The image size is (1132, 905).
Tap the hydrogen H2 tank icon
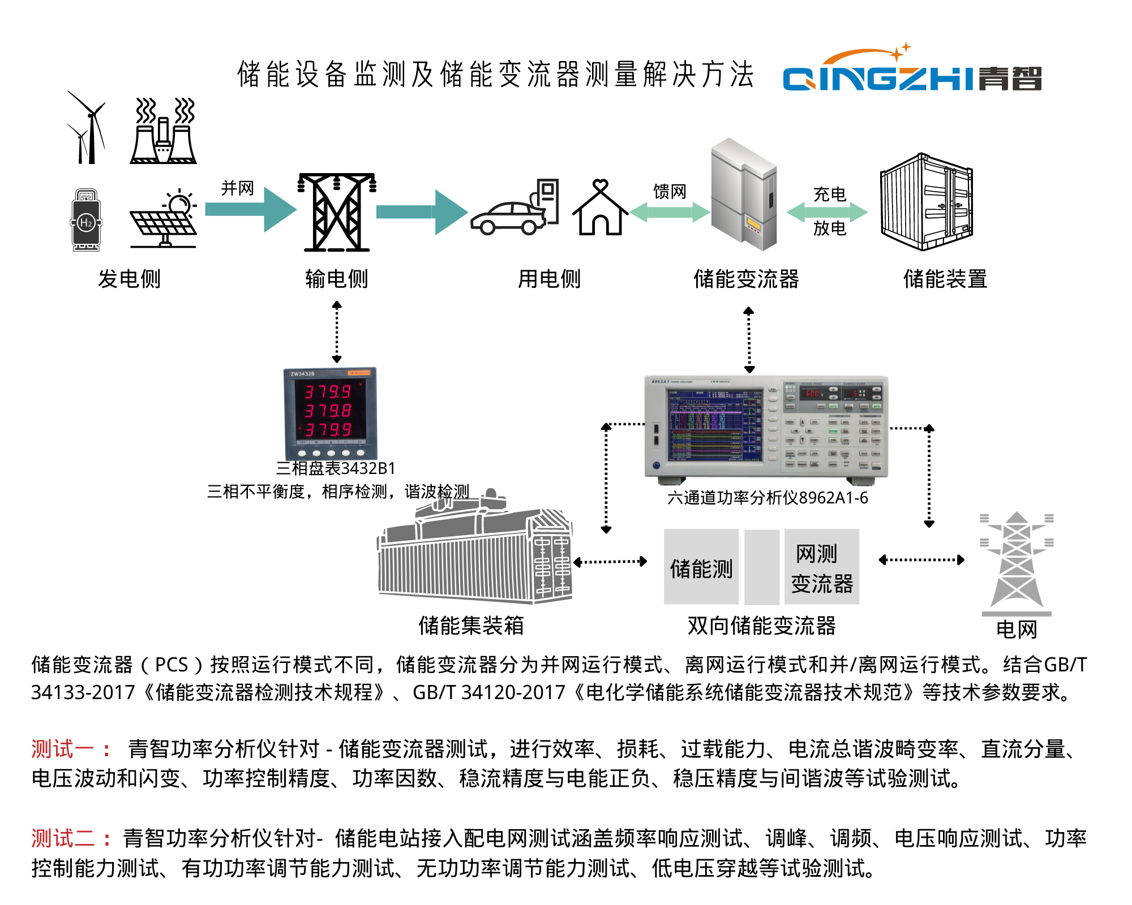tap(86, 221)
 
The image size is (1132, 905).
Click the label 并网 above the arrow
tap(237, 188)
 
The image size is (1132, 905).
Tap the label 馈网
tap(670, 192)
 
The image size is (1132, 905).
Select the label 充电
tap(829, 195)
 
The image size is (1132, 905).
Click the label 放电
tap(829, 228)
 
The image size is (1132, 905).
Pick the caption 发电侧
tap(130, 279)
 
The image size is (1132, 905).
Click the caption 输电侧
tap(337, 279)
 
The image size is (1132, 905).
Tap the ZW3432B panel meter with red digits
tap(330, 413)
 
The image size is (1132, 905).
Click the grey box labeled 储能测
tap(701, 567)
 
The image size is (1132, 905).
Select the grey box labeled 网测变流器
tap(821, 567)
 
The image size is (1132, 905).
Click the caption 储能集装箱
tap(471, 626)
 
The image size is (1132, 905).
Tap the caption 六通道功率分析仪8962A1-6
tap(767, 498)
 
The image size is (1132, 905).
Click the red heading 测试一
tap(62, 749)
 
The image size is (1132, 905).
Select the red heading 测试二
tap(62, 838)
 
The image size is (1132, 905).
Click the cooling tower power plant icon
tap(164, 132)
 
